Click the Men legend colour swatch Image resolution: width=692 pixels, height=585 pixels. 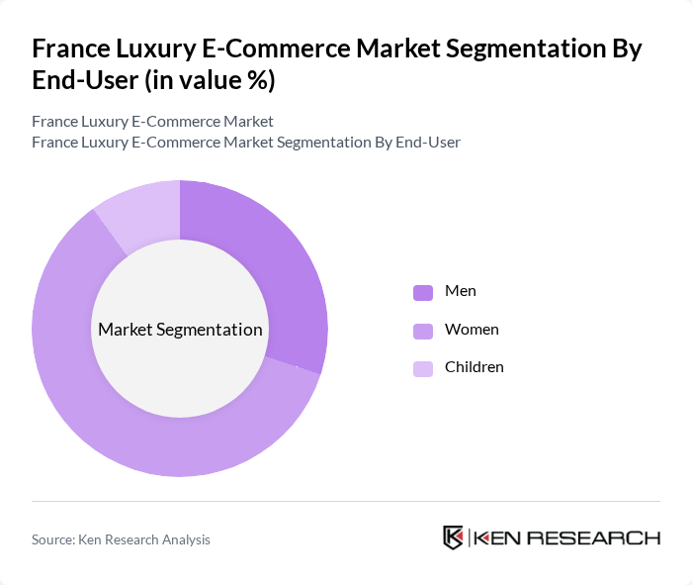(x=423, y=292)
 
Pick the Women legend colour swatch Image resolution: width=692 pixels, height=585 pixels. (x=423, y=330)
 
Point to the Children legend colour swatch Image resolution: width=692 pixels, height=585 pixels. (x=423, y=368)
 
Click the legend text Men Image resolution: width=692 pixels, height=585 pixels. (x=461, y=291)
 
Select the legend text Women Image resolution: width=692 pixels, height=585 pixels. (x=472, y=329)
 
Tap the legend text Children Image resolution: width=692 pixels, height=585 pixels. (x=475, y=367)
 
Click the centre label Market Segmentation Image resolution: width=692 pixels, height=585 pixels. (x=180, y=330)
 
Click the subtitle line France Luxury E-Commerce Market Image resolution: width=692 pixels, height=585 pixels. (x=152, y=122)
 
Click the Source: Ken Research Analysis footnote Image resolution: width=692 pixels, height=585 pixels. (x=121, y=539)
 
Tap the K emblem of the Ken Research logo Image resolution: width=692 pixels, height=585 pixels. (x=454, y=537)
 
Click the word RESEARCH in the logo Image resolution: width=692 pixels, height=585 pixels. (x=603, y=538)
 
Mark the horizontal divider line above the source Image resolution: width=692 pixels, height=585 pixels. (x=346, y=501)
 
